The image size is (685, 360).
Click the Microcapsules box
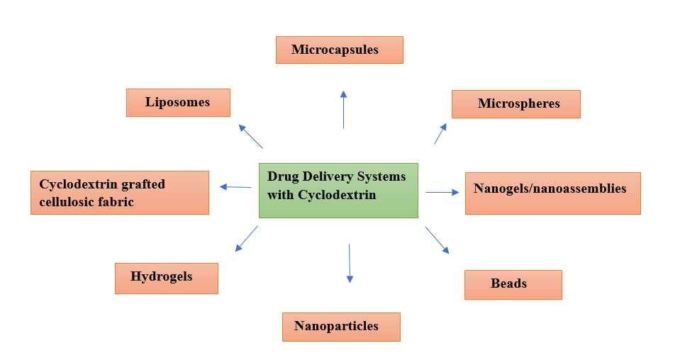pyautogui.click(x=339, y=50)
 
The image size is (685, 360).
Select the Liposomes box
pyautogui.click(x=178, y=103)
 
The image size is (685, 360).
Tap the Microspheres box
pyautogui.click(x=516, y=104)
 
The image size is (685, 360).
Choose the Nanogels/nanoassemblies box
pyautogui.click(x=552, y=193)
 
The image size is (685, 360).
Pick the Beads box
pyautogui.click(x=513, y=284)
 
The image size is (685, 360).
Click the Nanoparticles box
pyautogui.click(x=341, y=327)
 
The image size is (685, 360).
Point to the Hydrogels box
pyautogui.click(x=166, y=278)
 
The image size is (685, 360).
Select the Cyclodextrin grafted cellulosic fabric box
pyautogui.click(x=120, y=193)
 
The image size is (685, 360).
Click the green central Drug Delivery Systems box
pyautogui.click(x=338, y=190)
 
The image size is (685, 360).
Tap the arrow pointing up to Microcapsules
pyautogui.click(x=343, y=110)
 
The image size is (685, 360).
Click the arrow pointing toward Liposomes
pyautogui.click(x=251, y=137)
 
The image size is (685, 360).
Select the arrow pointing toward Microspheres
pyautogui.click(x=440, y=134)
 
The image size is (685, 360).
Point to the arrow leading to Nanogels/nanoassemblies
pyautogui.click(x=442, y=192)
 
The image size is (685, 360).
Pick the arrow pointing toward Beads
pyautogui.click(x=437, y=240)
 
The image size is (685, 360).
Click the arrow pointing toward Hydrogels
pyautogui.click(x=246, y=239)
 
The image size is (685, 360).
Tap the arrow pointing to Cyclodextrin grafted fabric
pyautogui.click(x=235, y=187)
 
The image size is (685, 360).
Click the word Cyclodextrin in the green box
pyautogui.click(x=337, y=194)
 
